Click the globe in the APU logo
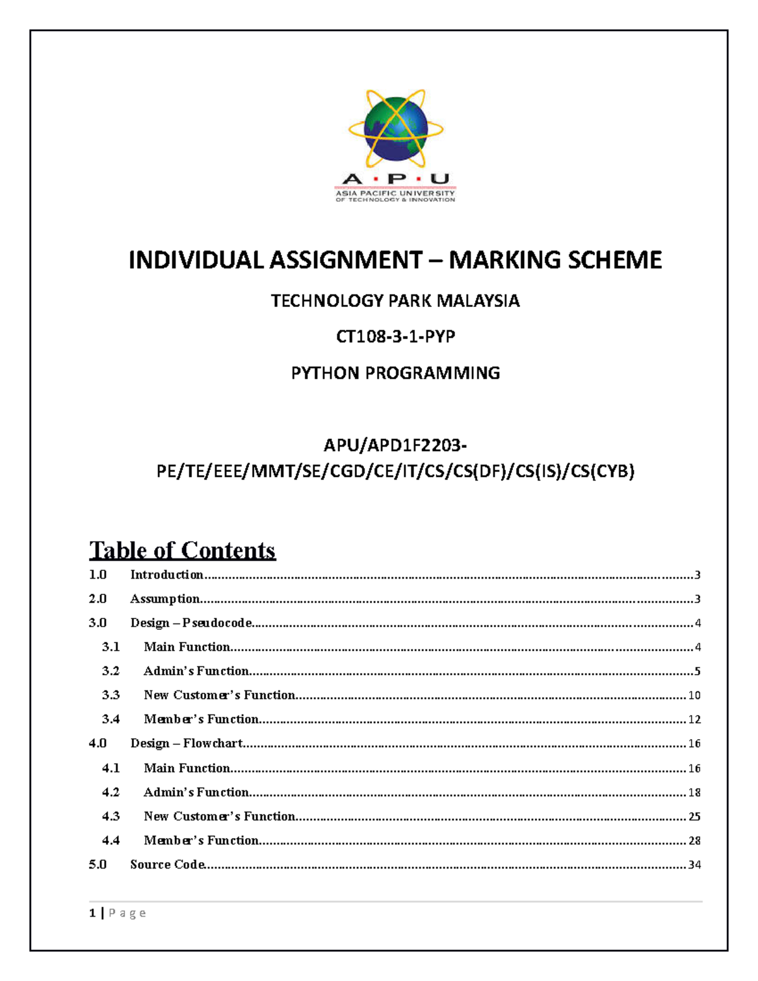[396, 129]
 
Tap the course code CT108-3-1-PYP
[395, 337]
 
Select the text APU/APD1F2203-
[395, 445]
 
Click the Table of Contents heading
[182, 550]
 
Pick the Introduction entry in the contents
[167, 575]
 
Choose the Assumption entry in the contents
[165, 599]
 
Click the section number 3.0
[98, 623]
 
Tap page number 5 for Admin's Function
[697, 671]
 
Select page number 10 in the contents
[694, 695]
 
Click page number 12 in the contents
[694, 719]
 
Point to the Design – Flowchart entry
[186, 743]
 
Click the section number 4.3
[111, 816]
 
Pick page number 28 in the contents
[694, 841]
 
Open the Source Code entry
[167, 865]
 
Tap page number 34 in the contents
[694, 865]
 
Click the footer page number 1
[93, 913]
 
